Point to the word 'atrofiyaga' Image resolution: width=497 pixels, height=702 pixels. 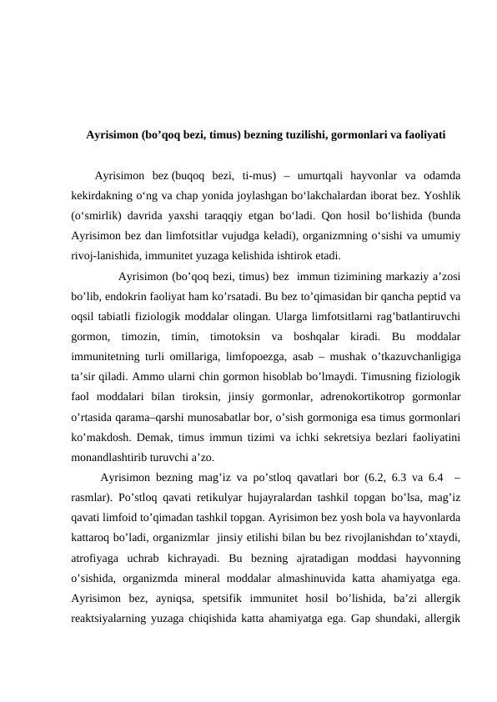[x=98, y=557]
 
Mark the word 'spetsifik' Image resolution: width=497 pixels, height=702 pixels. [x=228, y=597]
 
